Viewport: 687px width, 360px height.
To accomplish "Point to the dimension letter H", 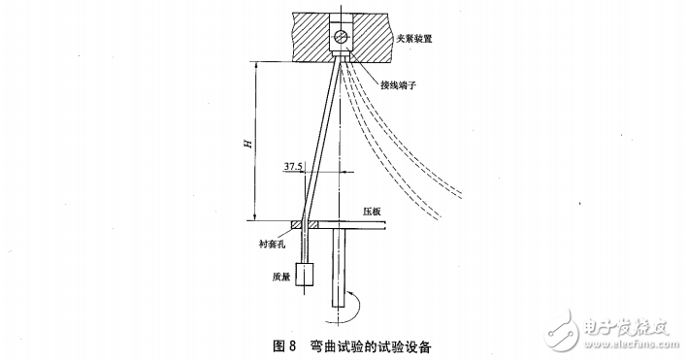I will coord(247,143).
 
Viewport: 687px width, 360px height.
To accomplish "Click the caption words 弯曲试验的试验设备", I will coord(373,344).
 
